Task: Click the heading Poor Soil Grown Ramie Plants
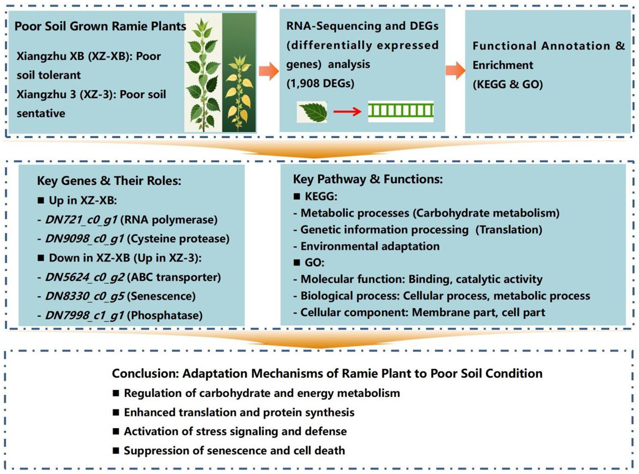(x=100, y=26)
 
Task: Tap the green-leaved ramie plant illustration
(x=203, y=72)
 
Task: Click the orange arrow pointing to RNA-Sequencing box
(x=268, y=71)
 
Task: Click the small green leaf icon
(x=312, y=112)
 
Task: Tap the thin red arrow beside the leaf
(x=347, y=112)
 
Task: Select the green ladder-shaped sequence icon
(x=400, y=111)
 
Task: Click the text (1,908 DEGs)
(x=320, y=83)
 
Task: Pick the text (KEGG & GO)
(x=508, y=84)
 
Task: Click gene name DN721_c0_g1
(x=81, y=220)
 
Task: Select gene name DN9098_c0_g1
(x=85, y=239)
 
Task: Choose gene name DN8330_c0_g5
(x=85, y=296)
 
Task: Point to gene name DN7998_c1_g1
(x=85, y=316)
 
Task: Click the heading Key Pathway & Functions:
(x=368, y=179)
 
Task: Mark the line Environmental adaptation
(x=370, y=246)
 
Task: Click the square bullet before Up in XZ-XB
(x=41, y=200)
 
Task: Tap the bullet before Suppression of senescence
(x=116, y=450)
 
